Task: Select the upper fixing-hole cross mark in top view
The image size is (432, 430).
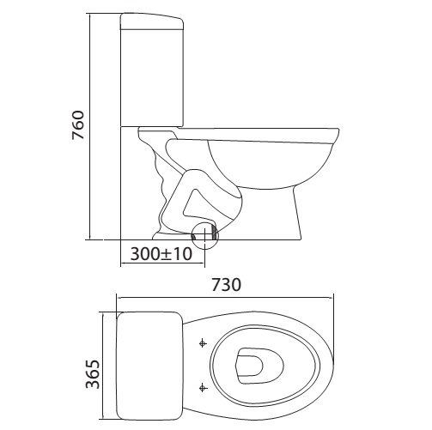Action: click(x=203, y=344)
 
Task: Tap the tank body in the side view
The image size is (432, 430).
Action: click(x=155, y=77)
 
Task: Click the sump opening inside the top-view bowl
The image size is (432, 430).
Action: click(x=253, y=363)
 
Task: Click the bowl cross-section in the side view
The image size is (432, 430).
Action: click(x=271, y=163)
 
